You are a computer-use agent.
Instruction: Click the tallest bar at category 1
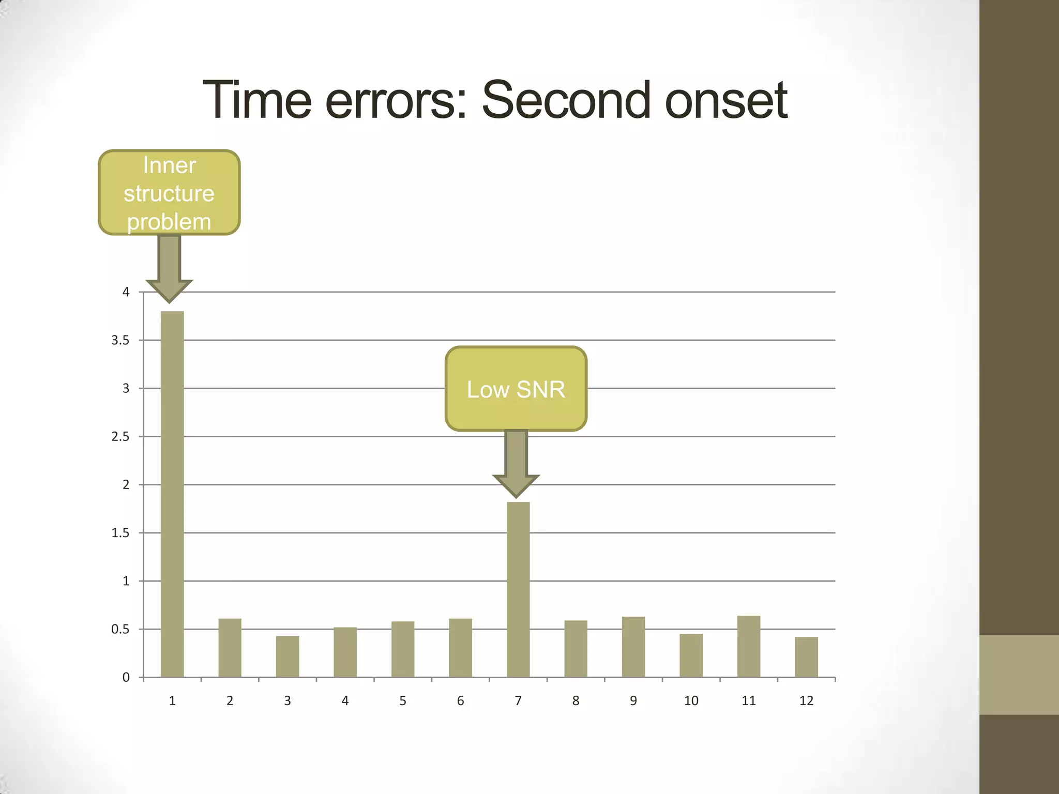click(x=172, y=494)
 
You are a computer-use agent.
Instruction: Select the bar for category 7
click(x=518, y=589)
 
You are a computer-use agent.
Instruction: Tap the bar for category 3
click(x=288, y=656)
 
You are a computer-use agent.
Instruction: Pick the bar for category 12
click(x=806, y=657)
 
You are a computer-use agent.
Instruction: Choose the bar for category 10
click(x=691, y=655)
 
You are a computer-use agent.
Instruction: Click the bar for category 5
click(x=403, y=649)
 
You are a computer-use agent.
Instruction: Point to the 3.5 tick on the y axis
click(x=120, y=340)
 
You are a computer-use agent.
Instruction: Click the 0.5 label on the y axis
click(x=120, y=629)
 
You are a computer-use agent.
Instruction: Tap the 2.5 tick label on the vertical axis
click(x=120, y=436)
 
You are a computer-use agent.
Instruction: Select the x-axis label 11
click(x=749, y=701)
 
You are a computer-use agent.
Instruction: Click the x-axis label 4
click(x=345, y=701)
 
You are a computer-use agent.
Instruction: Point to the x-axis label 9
click(x=633, y=701)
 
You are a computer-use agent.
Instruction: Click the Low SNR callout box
click(x=516, y=389)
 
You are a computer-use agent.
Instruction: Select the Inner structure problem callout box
click(x=169, y=193)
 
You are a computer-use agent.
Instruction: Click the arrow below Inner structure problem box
click(x=169, y=269)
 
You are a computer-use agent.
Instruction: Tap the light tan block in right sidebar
click(x=1019, y=675)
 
